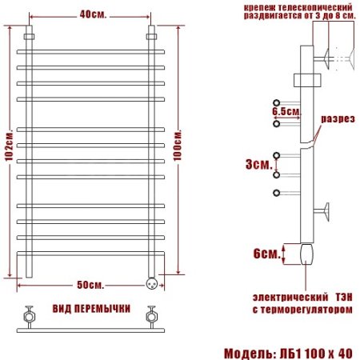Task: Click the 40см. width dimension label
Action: click(90, 14)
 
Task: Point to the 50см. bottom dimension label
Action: click(90, 285)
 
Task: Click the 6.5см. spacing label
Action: click(284, 112)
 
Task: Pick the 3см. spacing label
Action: click(258, 164)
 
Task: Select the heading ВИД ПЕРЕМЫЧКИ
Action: click(90, 309)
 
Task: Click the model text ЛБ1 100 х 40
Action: click(319, 351)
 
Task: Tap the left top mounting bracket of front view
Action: click(30, 38)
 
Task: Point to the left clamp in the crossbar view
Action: click(30, 313)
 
